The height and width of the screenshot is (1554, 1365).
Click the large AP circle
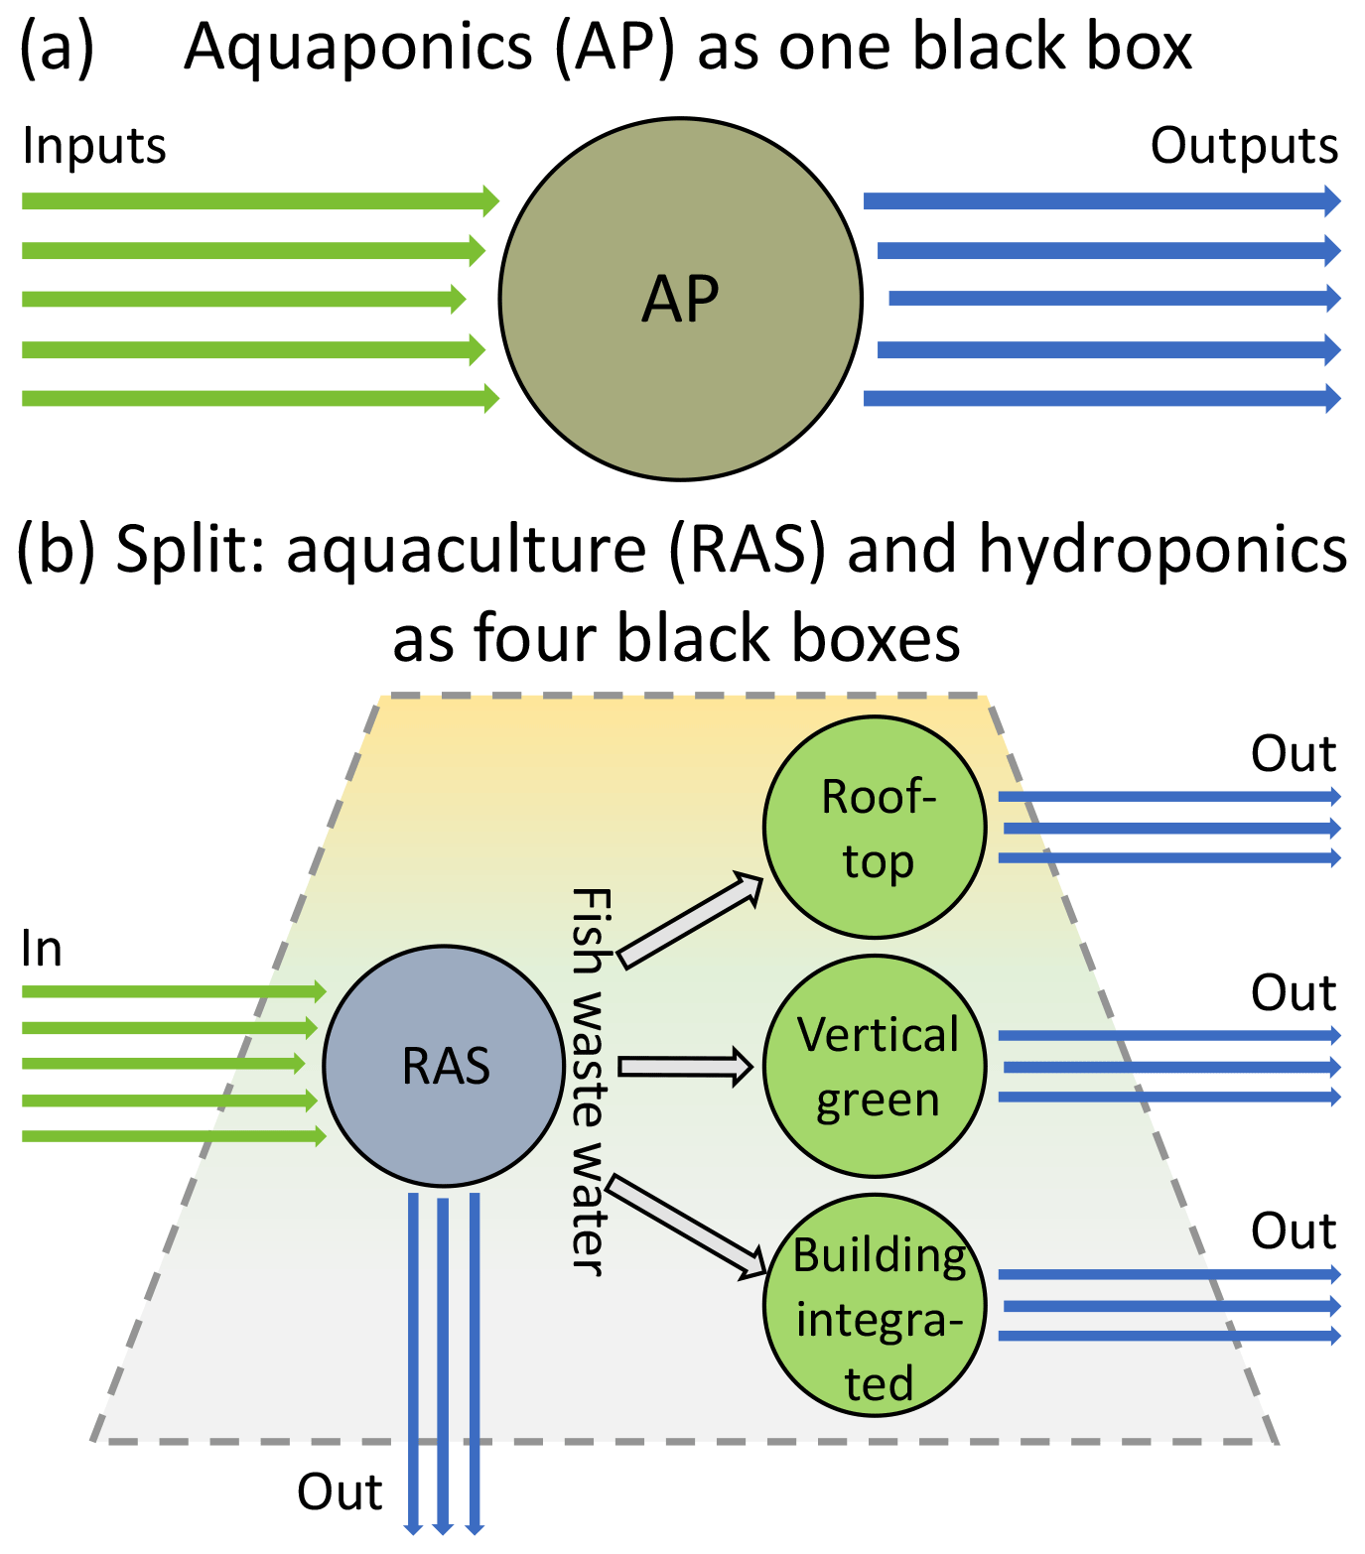(x=681, y=299)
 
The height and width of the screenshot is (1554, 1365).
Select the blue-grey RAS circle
(x=445, y=1066)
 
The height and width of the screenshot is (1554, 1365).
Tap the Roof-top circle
(x=876, y=828)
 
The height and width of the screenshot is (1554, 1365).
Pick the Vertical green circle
(x=876, y=1066)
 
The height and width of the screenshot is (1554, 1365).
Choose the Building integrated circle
(x=876, y=1305)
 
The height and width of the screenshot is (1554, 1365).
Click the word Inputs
(x=94, y=146)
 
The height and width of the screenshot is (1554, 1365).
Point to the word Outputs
(x=1244, y=146)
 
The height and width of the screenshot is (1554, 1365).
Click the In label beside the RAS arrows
(x=41, y=950)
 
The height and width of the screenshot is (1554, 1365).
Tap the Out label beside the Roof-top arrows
(x=1294, y=754)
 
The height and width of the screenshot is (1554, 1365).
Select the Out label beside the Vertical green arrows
(x=1294, y=992)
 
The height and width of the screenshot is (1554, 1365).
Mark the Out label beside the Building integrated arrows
(x=1294, y=1231)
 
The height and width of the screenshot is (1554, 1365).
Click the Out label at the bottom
(x=340, y=1492)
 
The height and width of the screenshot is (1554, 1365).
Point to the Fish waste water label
(x=589, y=1082)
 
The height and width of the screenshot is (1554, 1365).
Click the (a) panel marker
(x=57, y=47)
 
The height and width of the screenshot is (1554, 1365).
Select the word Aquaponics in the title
(x=359, y=47)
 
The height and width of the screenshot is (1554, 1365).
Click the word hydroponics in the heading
(x=1162, y=549)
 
